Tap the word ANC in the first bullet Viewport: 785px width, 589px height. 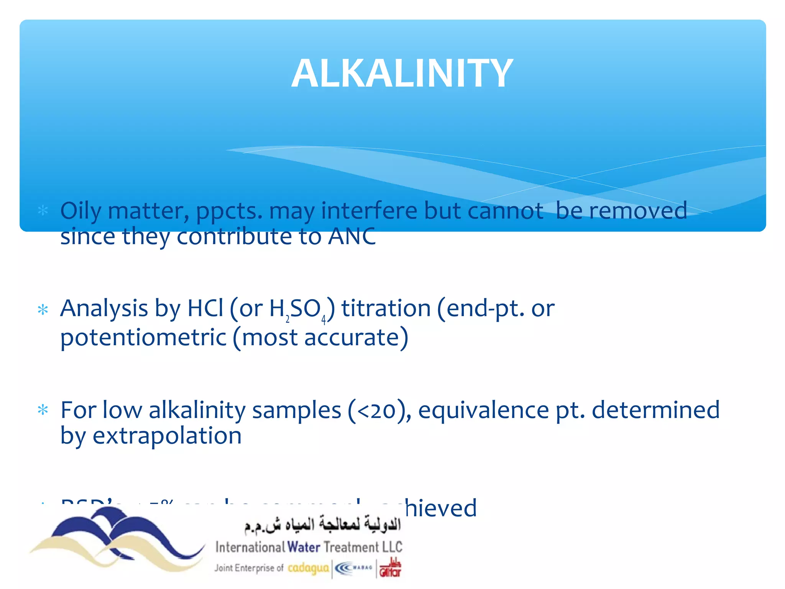(x=352, y=236)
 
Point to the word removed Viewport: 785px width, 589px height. (x=638, y=211)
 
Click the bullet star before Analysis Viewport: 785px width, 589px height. (x=43, y=309)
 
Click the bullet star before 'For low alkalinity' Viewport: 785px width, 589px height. (x=43, y=410)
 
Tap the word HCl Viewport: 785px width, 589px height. (x=205, y=308)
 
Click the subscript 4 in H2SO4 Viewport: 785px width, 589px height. (x=324, y=319)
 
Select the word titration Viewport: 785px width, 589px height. (x=386, y=308)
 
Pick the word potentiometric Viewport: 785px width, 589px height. (x=143, y=337)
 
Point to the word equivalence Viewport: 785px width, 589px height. (x=483, y=410)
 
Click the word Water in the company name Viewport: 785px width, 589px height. (x=304, y=547)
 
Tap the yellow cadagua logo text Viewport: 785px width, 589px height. (x=308, y=568)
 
